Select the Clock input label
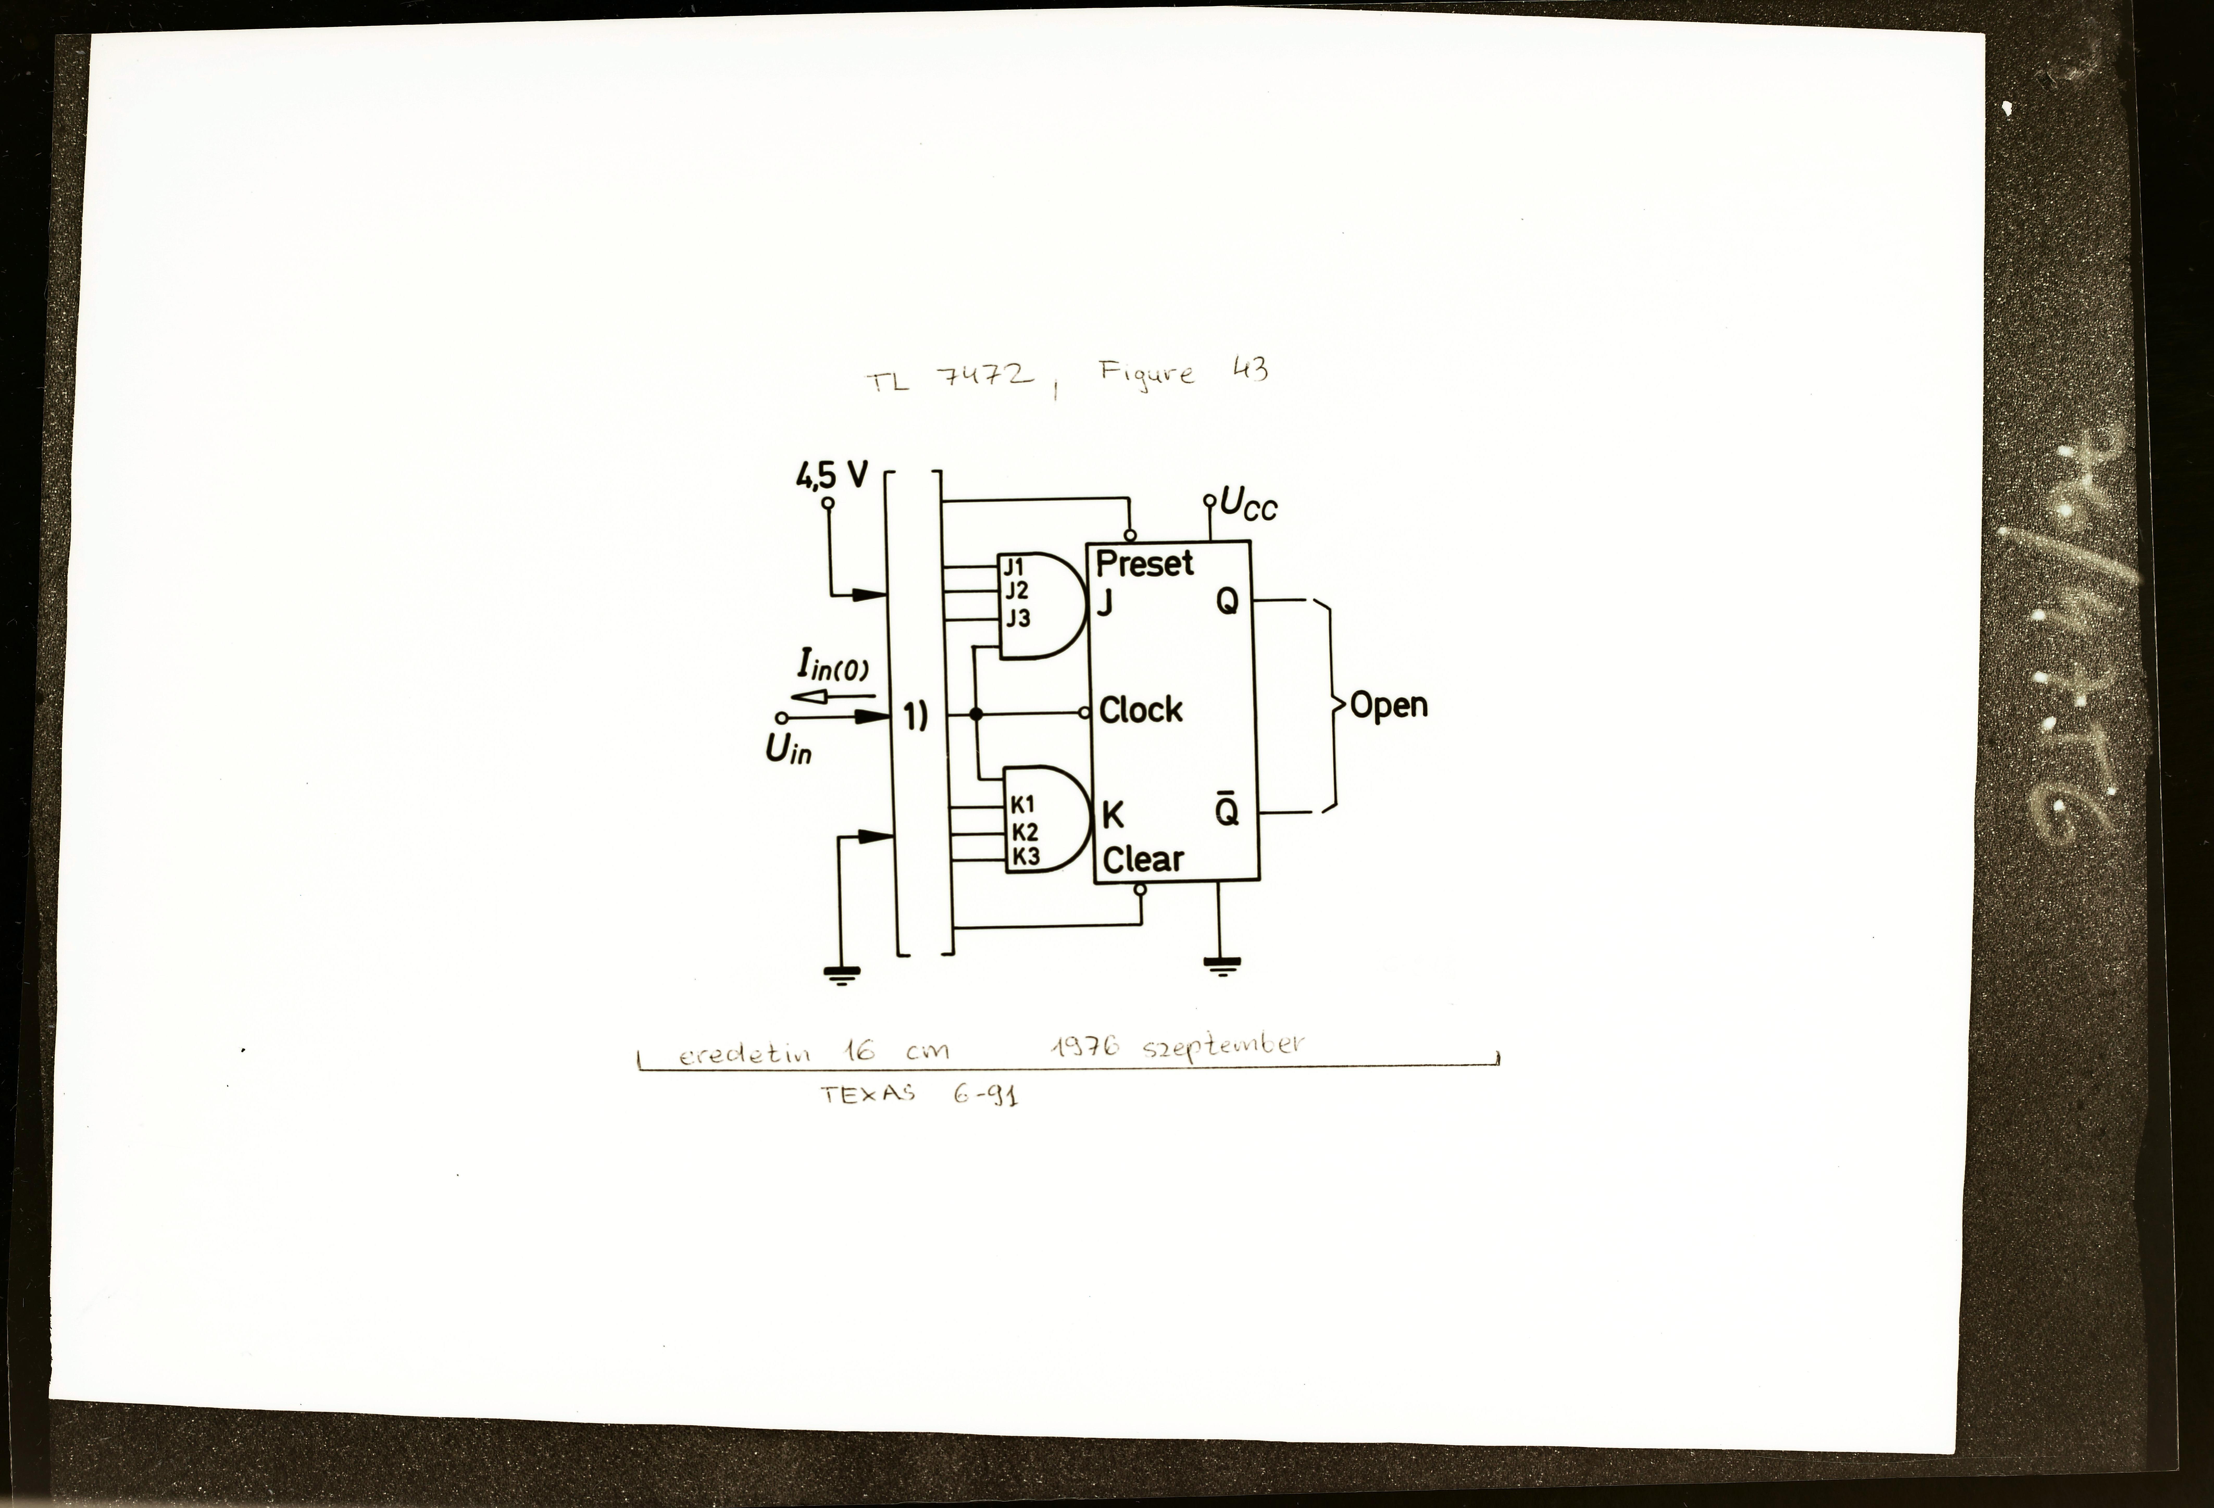tap(1140, 710)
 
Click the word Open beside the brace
tap(1389, 706)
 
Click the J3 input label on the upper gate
tap(1018, 619)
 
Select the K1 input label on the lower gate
tap(1023, 805)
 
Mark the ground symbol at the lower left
tap(841, 974)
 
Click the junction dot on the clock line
tap(975, 714)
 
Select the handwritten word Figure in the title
tap(1146, 372)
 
